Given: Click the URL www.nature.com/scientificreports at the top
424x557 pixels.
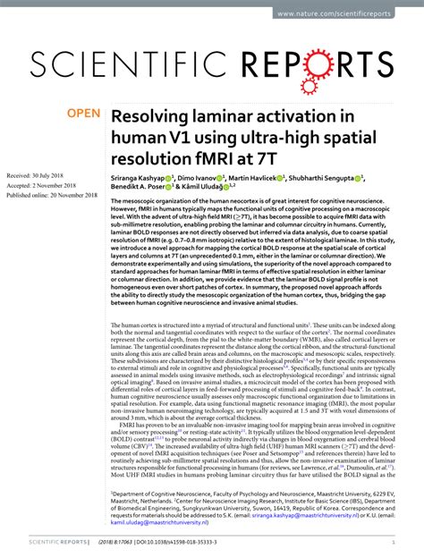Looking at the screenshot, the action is pos(361,13).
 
